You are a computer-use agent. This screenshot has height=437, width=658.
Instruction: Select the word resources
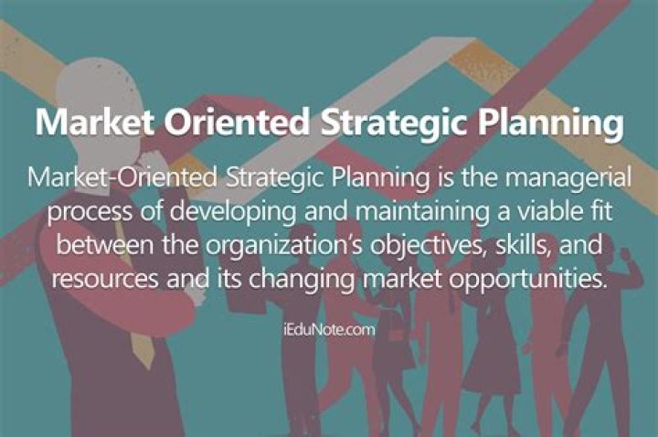pyautogui.click(x=103, y=277)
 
